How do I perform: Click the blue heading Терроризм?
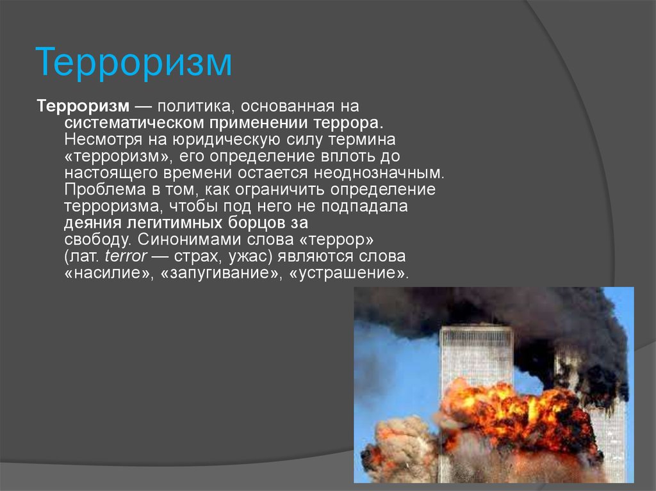[x=133, y=62]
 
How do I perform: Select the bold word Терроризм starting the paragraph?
[x=83, y=106]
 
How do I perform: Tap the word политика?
[x=193, y=106]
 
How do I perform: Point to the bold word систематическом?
[x=134, y=123]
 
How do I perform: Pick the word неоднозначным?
[x=379, y=172]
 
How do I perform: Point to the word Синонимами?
[x=189, y=239]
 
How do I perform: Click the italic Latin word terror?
[x=126, y=256]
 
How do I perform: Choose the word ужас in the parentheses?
[x=249, y=256]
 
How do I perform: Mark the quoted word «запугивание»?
[x=221, y=273]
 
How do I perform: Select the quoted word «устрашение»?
[x=349, y=273]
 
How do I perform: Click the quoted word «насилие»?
[x=109, y=273]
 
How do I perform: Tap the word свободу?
[x=98, y=239]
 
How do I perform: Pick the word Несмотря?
[x=103, y=140]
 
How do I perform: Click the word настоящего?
[x=111, y=173]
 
